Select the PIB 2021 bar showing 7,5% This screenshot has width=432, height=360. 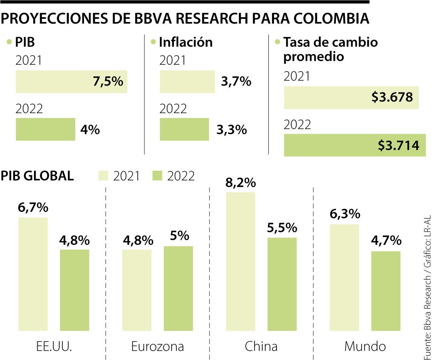click(x=71, y=82)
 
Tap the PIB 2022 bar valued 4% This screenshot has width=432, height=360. click(x=46, y=129)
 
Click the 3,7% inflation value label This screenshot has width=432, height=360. click(x=236, y=82)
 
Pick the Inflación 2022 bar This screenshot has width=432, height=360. click(x=184, y=129)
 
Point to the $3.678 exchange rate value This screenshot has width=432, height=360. click(x=392, y=97)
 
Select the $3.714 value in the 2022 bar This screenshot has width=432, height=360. click(x=398, y=145)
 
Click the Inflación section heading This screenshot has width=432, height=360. click(x=186, y=42)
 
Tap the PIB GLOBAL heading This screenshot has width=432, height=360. click(x=37, y=176)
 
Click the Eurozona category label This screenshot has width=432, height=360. click(x=158, y=346)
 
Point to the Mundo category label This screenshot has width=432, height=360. click(x=365, y=346)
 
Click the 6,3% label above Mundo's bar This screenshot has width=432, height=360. click(x=345, y=214)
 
